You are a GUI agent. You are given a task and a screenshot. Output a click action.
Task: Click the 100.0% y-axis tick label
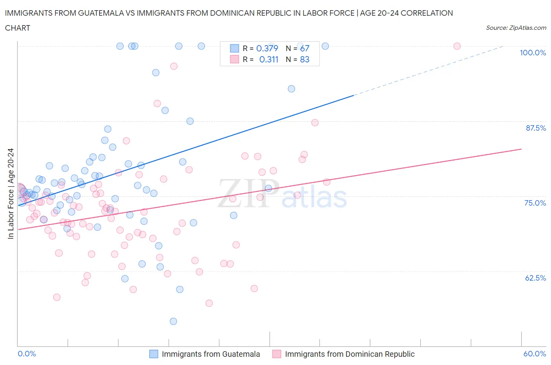[533, 53]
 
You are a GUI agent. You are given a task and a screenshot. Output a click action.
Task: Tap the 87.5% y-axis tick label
[535, 128]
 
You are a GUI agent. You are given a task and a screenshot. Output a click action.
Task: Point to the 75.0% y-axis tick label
[535, 203]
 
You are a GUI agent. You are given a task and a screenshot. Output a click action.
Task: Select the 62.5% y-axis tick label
[535, 278]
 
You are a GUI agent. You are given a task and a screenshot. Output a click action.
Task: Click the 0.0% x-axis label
[27, 354]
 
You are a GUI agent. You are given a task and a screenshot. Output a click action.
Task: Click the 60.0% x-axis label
[535, 354]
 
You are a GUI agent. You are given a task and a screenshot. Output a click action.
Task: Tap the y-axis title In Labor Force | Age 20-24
[11, 193]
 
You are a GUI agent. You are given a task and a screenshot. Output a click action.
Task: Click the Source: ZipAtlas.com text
[516, 28]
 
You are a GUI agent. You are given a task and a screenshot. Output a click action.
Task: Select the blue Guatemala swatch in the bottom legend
[154, 354]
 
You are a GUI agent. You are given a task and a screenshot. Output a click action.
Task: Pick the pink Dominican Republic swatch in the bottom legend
[277, 354]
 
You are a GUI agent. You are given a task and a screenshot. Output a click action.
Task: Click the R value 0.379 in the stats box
[267, 48]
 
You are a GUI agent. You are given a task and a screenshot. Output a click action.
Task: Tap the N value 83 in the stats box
[304, 59]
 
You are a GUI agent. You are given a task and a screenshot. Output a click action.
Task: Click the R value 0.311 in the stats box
[268, 59]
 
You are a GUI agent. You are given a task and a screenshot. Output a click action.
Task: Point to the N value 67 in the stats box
[304, 48]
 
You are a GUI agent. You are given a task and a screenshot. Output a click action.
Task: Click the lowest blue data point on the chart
[173, 321]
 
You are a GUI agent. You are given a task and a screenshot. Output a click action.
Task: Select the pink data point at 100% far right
[457, 46]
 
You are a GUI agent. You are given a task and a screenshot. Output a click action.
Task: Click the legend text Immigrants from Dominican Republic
[350, 354]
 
